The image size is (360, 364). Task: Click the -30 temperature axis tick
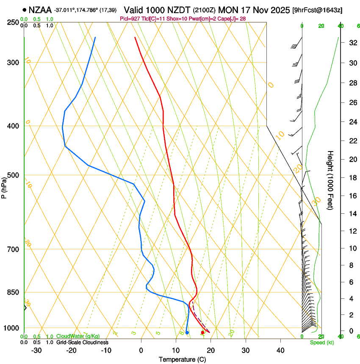click(x=37, y=350)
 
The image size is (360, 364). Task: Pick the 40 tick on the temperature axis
click(x=280, y=350)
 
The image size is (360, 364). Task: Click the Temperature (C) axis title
click(x=182, y=359)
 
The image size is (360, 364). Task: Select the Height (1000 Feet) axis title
click(x=331, y=180)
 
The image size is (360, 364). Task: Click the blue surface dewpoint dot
click(x=187, y=333)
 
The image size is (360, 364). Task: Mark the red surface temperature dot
click(x=202, y=333)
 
